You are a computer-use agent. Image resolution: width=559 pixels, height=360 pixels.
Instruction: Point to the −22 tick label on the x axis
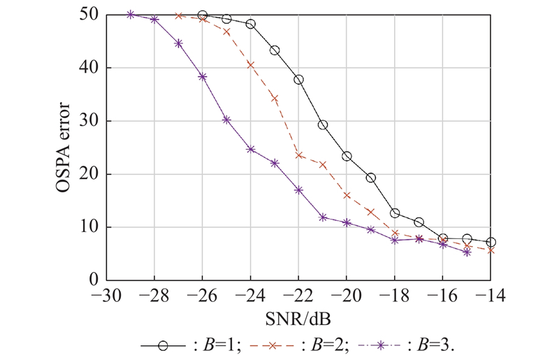pos(298,296)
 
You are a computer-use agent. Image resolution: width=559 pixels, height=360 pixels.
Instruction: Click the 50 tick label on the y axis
pos(89,15)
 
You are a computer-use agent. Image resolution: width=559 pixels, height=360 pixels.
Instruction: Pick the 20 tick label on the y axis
pos(89,174)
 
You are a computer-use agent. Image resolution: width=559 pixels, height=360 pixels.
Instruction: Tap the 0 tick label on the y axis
pos(93,280)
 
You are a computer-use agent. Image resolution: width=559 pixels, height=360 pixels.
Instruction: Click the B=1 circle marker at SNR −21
pos(323,125)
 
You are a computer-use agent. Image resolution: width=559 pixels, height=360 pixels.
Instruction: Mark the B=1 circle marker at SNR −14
pos(491,243)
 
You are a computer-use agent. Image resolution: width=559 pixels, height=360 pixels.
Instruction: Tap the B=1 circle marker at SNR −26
pos(203,15)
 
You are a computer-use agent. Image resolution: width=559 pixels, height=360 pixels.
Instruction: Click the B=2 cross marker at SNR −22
pos(299,155)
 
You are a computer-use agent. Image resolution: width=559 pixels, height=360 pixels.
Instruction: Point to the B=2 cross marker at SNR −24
pos(251,64)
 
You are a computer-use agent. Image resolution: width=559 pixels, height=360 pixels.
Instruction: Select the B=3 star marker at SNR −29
pos(131,14)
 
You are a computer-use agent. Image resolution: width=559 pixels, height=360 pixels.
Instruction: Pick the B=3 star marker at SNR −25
pos(226,120)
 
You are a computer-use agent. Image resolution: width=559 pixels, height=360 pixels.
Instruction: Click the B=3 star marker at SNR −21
pos(323,217)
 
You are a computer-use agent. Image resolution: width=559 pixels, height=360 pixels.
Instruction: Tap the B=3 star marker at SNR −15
pos(467,252)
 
